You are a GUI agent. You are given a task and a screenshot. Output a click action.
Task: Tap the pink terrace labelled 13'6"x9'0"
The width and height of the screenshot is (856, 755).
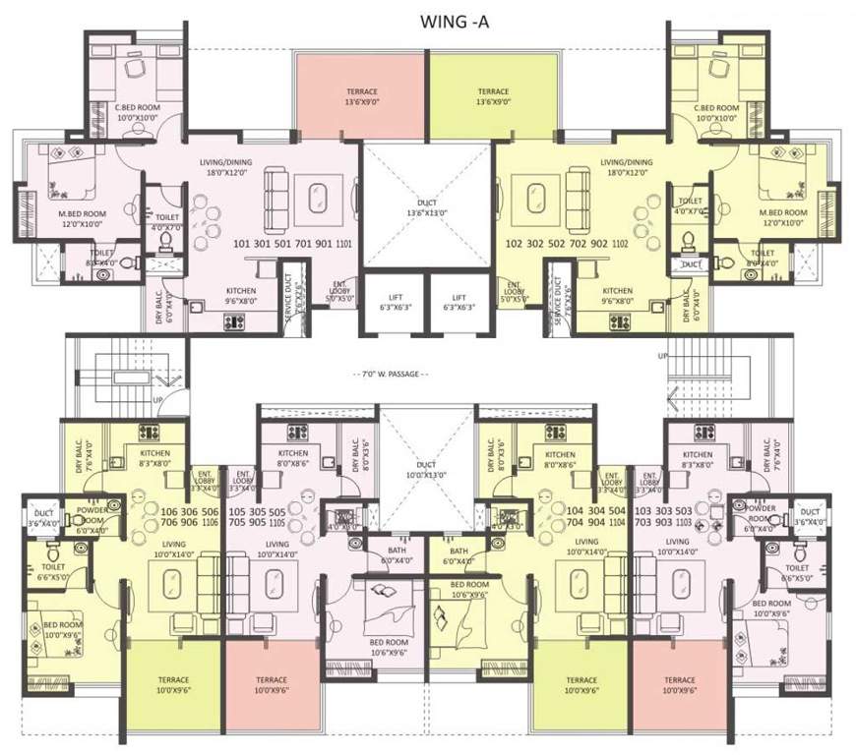tap(360, 94)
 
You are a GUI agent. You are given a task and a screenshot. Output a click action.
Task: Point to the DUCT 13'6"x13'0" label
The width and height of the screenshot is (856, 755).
tap(427, 206)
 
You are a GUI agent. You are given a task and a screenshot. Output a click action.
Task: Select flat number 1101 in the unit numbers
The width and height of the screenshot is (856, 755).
tap(343, 242)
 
